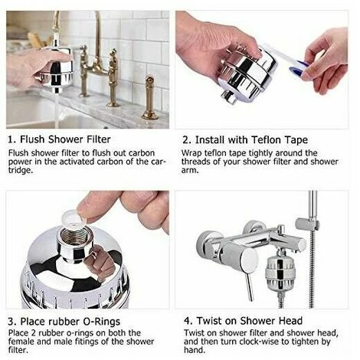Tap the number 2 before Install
(x=186, y=140)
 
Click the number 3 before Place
(x=11, y=320)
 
